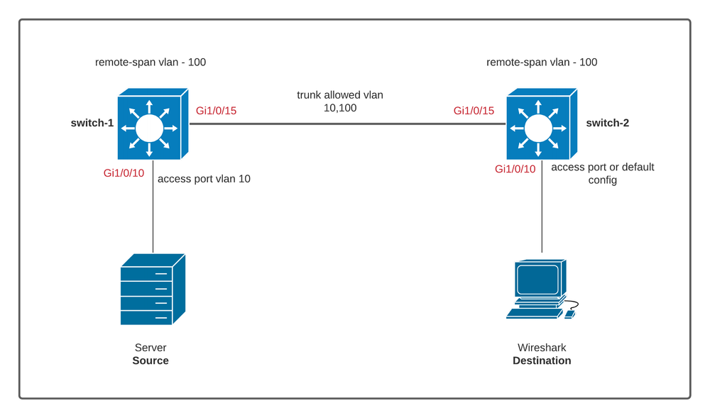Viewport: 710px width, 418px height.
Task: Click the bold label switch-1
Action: [x=92, y=123]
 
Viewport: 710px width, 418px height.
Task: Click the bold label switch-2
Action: [x=607, y=123]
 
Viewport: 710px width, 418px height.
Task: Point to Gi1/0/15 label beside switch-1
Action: [x=216, y=111]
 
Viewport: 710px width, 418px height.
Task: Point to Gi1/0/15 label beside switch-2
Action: [x=474, y=111]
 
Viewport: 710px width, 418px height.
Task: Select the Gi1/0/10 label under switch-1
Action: [x=124, y=173]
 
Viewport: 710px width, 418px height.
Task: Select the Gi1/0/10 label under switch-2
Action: [x=515, y=169]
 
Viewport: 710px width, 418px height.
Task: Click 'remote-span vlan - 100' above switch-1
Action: [x=151, y=62]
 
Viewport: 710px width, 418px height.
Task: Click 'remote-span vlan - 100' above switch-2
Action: [x=542, y=62]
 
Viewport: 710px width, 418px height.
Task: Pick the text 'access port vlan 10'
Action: [x=204, y=179]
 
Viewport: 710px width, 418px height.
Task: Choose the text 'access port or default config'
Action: [x=602, y=174]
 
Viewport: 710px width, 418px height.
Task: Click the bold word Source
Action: [x=151, y=361]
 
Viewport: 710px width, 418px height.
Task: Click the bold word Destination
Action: [x=542, y=361]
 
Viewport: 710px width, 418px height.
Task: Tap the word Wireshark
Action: [x=542, y=348]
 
